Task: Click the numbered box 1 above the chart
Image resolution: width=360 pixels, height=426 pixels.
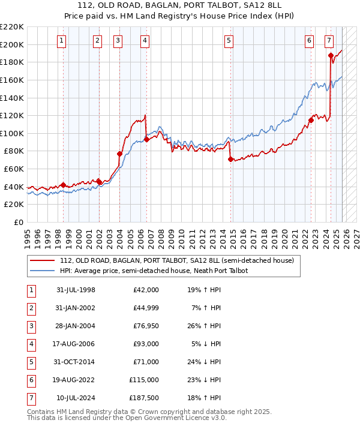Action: pos(62,41)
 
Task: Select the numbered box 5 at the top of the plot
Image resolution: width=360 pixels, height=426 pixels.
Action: pos(229,41)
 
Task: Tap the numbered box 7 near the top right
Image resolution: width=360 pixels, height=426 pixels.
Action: pos(329,41)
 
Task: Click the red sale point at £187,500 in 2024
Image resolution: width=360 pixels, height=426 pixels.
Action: pos(331,55)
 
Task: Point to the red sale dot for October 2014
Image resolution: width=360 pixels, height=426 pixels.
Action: pos(231,159)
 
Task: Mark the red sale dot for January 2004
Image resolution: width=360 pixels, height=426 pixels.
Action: pos(119,154)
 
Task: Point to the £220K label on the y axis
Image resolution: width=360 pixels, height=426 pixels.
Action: pos(13,27)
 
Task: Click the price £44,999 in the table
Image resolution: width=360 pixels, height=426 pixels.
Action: pos(146,308)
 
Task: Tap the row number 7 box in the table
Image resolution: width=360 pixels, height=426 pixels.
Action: pos(30,398)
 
